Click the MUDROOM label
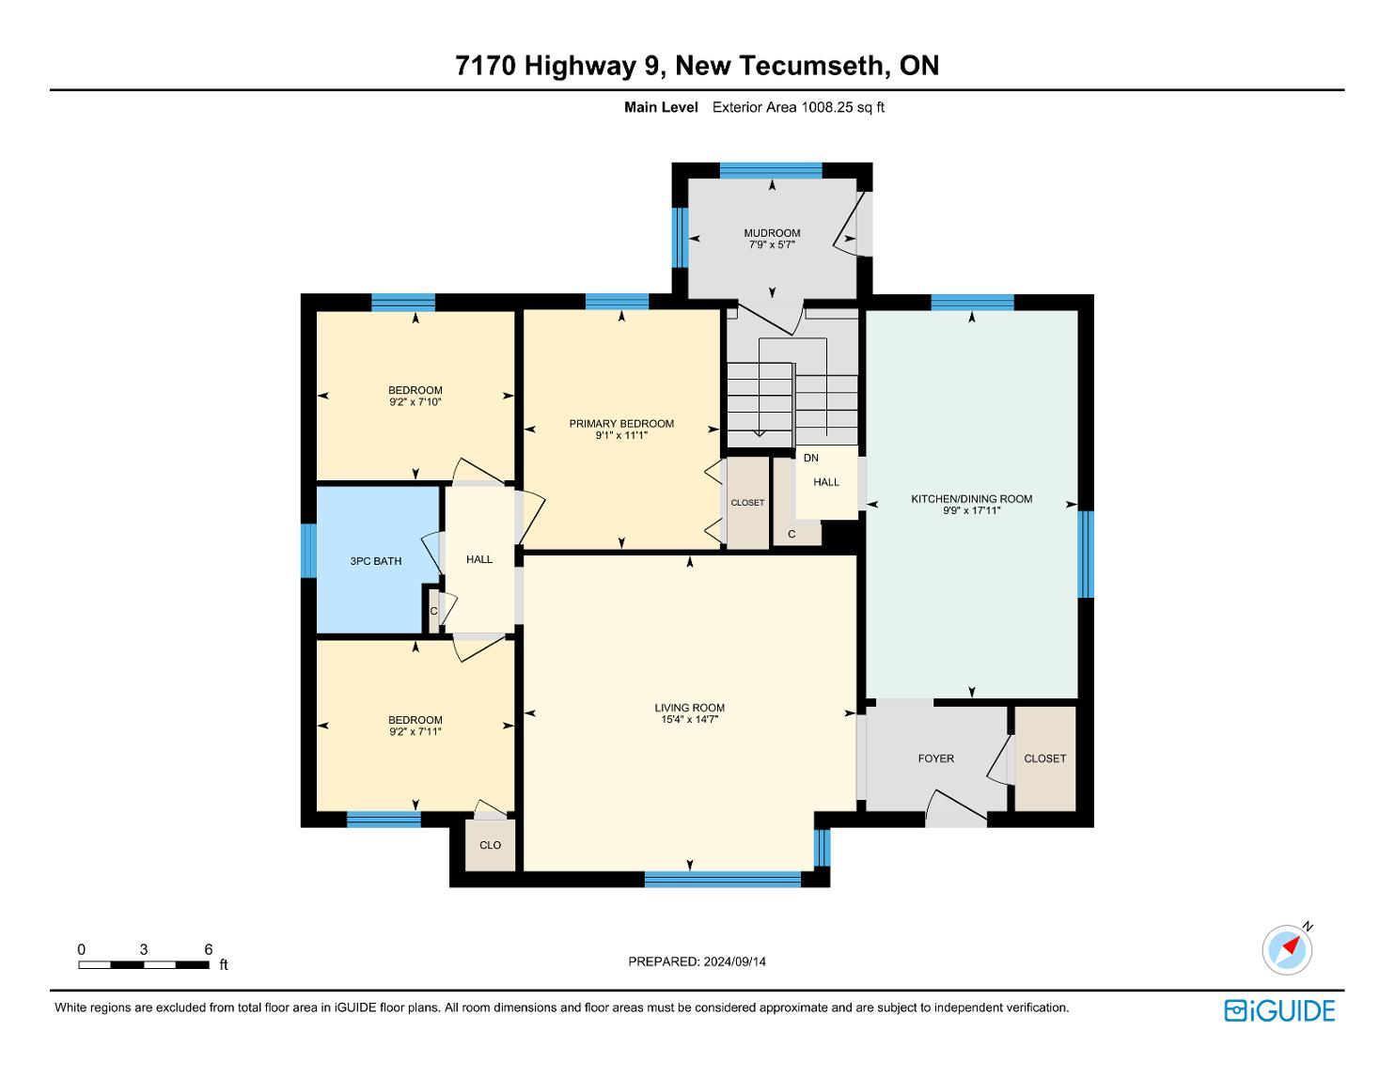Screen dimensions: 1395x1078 click(x=772, y=233)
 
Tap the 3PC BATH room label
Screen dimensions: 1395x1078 click(x=376, y=561)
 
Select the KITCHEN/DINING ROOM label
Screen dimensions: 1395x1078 click(x=971, y=498)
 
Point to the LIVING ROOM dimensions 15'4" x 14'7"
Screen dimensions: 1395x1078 click(x=689, y=719)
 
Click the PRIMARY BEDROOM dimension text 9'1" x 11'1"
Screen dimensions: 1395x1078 click(x=620, y=435)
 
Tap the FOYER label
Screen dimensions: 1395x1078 click(x=935, y=758)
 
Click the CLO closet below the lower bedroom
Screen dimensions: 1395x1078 click(x=490, y=845)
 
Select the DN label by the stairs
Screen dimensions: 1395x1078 click(x=811, y=458)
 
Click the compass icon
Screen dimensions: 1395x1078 click(x=1287, y=949)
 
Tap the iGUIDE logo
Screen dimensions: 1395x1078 click(x=1279, y=1010)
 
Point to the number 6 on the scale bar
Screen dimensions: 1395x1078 click(x=208, y=949)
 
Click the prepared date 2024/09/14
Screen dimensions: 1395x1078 click(x=734, y=961)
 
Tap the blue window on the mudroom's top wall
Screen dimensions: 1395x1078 click(x=771, y=171)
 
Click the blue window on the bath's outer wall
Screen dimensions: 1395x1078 click(x=308, y=551)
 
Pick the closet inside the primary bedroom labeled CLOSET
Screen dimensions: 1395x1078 click(x=747, y=503)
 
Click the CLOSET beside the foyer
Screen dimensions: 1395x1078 click(x=1044, y=758)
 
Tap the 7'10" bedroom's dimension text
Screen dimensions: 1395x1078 click(x=415, y=401)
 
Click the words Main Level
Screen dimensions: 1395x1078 click(x=661, y=107)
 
